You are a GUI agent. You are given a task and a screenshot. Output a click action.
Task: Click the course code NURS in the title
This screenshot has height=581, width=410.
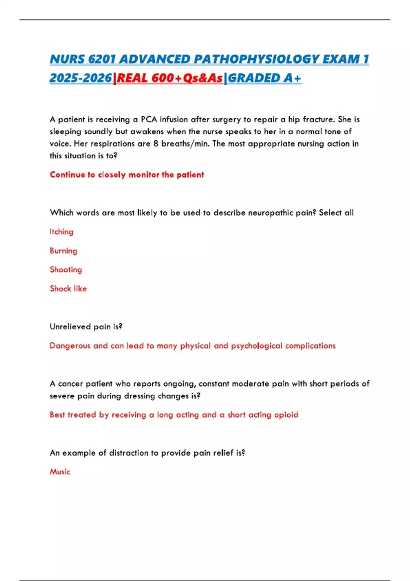[x=67, y=59]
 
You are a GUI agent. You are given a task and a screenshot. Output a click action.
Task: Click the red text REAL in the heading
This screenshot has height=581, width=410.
[x=132, y=78]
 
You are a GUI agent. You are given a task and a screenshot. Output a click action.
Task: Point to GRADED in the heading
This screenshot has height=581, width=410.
[x=254, y=78]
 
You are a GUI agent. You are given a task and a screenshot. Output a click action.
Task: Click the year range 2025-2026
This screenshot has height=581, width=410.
[x=81, y=78]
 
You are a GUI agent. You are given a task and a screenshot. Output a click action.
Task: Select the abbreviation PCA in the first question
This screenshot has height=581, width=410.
[x=149, y=120]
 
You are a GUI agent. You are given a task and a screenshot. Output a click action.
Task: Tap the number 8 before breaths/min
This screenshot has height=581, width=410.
[x=156, y=144]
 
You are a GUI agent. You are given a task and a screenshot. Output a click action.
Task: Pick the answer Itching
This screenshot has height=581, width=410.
[x=61, y=232]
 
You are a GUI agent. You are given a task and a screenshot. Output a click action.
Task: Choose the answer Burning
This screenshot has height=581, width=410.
[x=64, y=251]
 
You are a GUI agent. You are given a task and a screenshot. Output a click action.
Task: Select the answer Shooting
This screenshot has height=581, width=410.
[x=66, y=270]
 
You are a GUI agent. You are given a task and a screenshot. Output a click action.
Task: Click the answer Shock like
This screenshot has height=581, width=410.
[x=68, y=289]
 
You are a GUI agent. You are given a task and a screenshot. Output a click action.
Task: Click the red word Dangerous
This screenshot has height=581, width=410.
[x=70, y=346]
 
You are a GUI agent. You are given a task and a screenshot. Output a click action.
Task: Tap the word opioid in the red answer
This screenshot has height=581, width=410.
[x=286, y=415]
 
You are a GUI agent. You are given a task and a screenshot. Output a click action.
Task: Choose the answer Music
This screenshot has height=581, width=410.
[x=60, y=472]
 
